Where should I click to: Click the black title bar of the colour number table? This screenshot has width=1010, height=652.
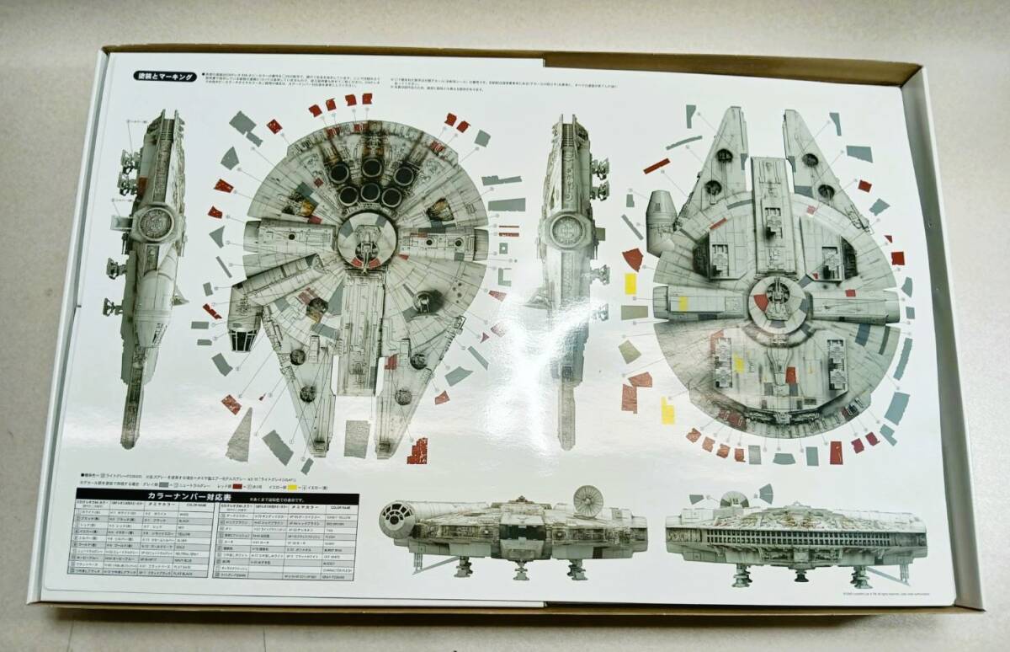217,498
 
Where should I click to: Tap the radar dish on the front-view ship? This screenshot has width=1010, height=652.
587,500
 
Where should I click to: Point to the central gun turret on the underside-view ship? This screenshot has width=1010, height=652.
779,296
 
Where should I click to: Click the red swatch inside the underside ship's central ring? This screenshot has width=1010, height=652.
761,301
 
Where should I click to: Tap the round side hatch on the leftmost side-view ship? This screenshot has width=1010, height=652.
155,222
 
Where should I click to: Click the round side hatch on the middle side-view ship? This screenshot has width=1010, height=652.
567,227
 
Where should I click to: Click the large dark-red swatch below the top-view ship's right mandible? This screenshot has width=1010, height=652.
417,451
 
